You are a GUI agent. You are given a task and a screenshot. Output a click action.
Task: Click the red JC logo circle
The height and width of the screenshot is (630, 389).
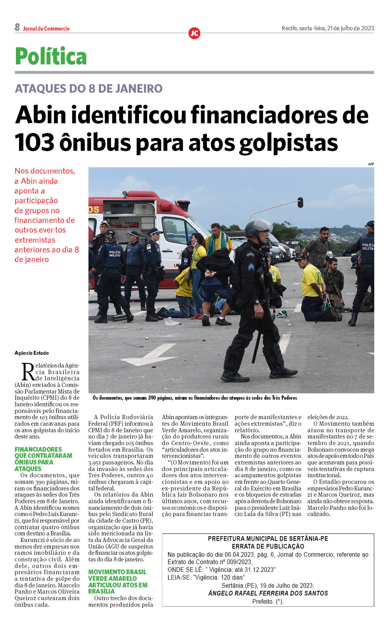(194, 33)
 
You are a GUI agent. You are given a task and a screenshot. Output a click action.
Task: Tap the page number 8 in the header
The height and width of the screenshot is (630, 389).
(17, 27)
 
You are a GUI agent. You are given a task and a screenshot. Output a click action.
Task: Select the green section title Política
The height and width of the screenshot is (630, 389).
(51, 57)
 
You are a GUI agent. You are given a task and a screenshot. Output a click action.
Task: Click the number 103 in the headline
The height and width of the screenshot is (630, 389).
(35, 143)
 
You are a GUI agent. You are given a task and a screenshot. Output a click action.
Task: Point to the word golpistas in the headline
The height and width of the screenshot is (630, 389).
(288, 143)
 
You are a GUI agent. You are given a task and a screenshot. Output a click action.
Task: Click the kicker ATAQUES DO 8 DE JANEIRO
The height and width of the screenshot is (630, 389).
(89, 88)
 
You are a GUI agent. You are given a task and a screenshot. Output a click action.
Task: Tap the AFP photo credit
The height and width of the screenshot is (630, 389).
(371, 164)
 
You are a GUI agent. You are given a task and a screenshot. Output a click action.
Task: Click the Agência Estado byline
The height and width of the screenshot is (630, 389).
(31, 353)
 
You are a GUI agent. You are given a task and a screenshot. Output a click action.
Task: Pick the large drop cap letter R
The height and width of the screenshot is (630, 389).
(28, 372)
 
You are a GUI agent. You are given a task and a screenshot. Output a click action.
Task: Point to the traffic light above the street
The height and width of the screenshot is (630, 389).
(300, 202)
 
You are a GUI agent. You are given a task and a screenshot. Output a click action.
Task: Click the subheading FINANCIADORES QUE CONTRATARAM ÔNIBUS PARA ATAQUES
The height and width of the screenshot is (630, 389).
(43, 459)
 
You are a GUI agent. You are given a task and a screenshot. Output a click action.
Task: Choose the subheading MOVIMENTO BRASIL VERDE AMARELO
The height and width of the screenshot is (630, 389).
(117, 581)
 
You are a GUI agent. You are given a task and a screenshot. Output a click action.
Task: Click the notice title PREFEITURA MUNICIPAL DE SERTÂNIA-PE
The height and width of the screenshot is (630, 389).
(268, 539)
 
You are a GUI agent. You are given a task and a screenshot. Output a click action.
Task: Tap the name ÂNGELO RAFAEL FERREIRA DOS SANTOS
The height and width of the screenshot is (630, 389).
(268, 593)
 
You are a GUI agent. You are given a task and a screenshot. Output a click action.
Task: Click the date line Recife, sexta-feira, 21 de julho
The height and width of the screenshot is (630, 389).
(328, 28)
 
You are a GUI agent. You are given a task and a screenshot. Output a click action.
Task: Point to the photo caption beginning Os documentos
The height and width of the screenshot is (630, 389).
(194, 398)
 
